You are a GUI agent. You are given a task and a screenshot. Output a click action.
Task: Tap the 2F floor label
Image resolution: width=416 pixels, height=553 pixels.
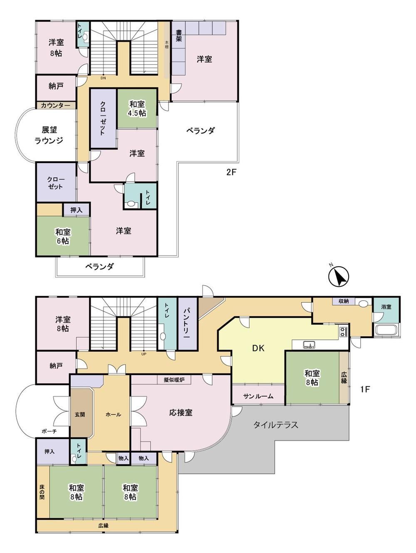point(232,173)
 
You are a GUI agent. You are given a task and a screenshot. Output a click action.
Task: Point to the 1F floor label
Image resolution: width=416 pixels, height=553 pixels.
point(364,390)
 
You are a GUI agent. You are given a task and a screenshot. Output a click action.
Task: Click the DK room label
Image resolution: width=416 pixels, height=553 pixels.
point(258,348)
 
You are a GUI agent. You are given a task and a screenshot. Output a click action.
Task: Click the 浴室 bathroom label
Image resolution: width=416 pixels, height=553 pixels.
point(386,307)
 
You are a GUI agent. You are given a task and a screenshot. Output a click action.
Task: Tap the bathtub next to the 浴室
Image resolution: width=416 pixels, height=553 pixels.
point(386,330)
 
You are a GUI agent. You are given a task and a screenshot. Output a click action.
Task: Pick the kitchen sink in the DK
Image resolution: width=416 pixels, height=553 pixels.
point(309,345)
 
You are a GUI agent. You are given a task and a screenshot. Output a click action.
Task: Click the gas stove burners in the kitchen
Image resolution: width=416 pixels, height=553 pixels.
point(343,331)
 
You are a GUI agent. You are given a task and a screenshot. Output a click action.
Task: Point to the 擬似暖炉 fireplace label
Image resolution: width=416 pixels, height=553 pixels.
point(174,380)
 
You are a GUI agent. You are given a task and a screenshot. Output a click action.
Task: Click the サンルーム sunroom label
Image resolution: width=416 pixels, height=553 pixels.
point(258,396)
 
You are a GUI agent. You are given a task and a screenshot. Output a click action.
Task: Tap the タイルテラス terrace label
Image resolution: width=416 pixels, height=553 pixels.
point(276,425)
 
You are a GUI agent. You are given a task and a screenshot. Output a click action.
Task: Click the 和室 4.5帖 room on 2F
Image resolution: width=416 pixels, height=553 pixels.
point(137,109)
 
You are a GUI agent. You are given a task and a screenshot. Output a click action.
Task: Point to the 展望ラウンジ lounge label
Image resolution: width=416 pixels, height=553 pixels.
point(49,135)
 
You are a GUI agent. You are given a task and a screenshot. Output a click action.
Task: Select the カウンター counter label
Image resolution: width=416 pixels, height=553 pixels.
point(55,106)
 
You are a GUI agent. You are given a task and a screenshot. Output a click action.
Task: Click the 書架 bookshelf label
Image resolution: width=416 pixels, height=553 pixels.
point(178,36)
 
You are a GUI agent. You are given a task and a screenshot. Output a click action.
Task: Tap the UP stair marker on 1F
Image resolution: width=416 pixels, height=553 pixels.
point(144,354)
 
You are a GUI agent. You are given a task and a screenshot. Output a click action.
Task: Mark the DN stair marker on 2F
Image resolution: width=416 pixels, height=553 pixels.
point(103,78)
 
